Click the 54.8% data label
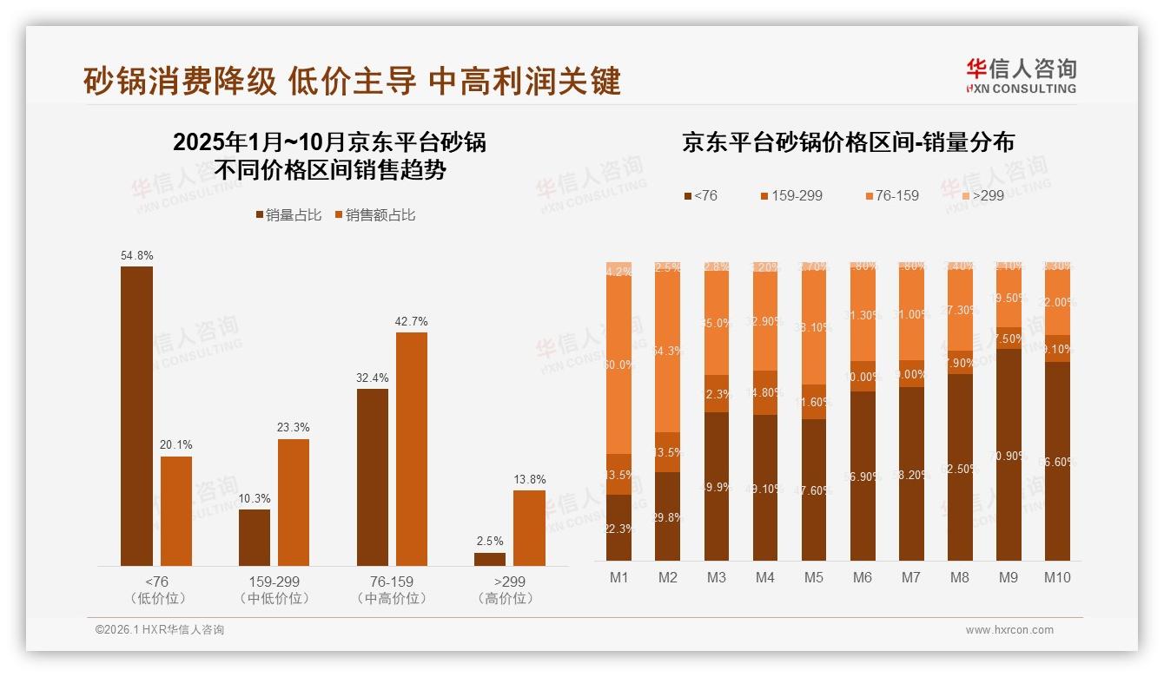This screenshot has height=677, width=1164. point(136,255)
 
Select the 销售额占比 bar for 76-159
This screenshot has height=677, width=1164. point(412,449)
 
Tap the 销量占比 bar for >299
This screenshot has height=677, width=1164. point(490,559)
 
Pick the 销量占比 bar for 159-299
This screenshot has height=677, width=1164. point(255,537)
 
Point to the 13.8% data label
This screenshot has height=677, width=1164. point(529,479)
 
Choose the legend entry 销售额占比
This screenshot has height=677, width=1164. point(374,215)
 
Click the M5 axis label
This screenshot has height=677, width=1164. point(814,578)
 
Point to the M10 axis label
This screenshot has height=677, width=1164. point(1057,578)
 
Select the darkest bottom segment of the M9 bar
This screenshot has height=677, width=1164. point(1009,455)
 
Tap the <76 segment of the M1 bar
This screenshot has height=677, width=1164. point(619,527)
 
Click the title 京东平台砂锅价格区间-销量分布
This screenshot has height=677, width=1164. point(848,142)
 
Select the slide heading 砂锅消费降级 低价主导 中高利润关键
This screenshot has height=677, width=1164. point(352,81)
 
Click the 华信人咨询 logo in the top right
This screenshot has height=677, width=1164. point(1021,76)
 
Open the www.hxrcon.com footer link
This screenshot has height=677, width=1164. point(1009,630)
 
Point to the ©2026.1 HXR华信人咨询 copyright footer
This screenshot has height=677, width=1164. point(160,630)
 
